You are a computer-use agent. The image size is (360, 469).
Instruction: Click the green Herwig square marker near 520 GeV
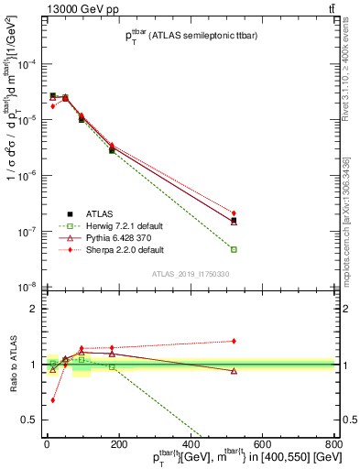point(234,249)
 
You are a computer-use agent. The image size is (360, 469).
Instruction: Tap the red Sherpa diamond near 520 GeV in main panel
point(234,213)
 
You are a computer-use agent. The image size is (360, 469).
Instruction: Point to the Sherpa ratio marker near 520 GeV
point(234,341)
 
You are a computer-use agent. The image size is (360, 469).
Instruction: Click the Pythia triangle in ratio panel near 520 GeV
point(234,371)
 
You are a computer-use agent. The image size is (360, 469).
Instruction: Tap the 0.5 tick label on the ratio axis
point(35,420)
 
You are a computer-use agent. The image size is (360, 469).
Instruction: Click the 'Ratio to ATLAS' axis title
point(12,365)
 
